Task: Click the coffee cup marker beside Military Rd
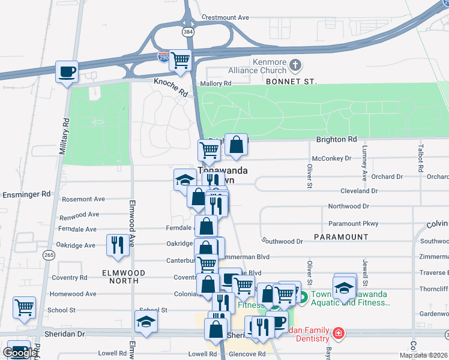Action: tap(67, 72)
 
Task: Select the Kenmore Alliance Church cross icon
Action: tap(295, 65)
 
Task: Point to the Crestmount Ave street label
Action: tap(225, 18)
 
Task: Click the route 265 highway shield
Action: tap(49, 255)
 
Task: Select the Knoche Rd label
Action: tap(170, 87)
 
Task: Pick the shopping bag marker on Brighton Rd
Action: tap(237, 144)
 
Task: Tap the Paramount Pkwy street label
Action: tap(353, 224)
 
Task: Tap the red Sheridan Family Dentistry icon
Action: tap(339, 332)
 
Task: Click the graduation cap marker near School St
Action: tap(146, 322)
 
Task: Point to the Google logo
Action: tap(20, 353)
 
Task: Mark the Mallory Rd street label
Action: tap(219, 84)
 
